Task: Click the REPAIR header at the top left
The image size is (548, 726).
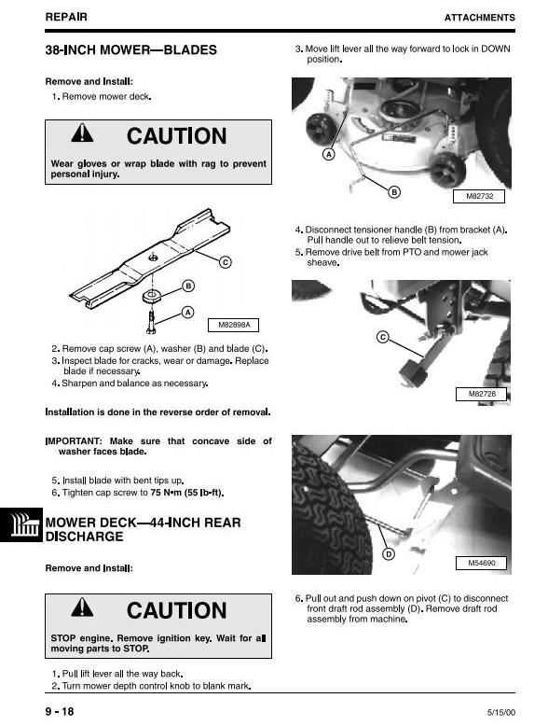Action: pos(66,17)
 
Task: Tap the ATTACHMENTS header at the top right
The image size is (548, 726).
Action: pos(480,18)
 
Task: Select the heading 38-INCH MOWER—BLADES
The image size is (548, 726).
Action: pos(130,50)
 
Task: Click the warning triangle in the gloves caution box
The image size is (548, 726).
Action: pos(82,133)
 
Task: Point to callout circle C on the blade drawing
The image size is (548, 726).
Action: pos(226,262)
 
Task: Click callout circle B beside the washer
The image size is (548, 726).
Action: pos(188,286)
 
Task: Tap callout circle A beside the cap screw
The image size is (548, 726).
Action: pos(187,313)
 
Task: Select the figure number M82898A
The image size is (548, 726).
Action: pos(233,325)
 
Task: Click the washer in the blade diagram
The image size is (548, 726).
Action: pos(152,296)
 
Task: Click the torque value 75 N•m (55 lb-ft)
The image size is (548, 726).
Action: pos(187,493)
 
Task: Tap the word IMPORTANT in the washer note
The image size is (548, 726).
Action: pos(74,441)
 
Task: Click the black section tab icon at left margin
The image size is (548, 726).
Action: pos(21,524)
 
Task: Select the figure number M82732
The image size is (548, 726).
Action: pos(479,196)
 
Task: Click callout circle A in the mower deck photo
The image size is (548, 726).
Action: pos(328,154)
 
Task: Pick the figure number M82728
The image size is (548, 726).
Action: pos(482,394)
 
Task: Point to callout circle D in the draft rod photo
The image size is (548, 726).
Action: pos(389,554)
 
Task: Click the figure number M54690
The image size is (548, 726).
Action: pos(482,563)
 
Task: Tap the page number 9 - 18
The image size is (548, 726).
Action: pos(60,712)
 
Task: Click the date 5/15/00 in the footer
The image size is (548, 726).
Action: pos(501,713)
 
